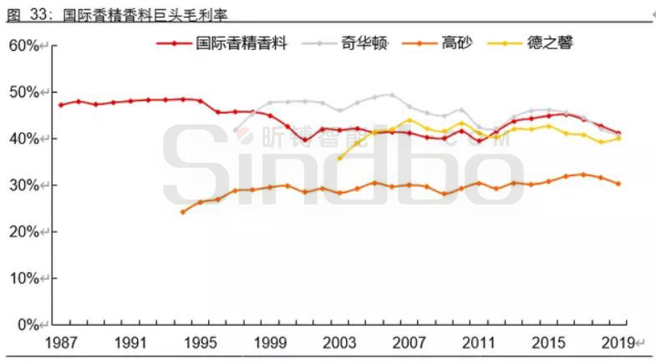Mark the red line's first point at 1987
(61, 105)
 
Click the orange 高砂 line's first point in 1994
(183, 212)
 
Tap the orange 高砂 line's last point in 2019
(618, 184)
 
